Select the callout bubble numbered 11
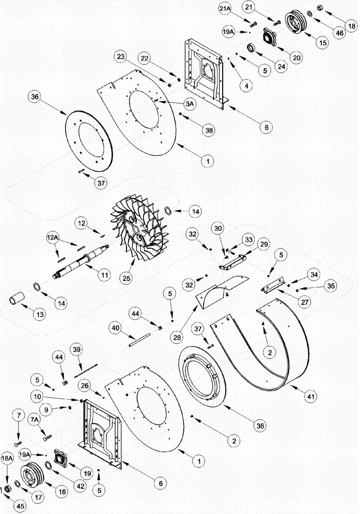click(105, 276)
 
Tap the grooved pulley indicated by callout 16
click(32, 475)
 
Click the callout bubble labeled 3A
click(190, 104)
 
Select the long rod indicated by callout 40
click(139, 338)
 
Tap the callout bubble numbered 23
click(120, 56)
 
